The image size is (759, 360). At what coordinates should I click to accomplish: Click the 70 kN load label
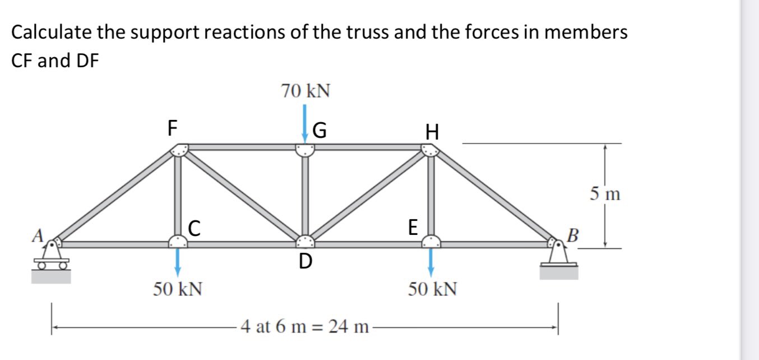(305, 91)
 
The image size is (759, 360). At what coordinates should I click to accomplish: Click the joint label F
(173, 128)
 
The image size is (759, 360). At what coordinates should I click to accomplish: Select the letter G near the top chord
(320, 131)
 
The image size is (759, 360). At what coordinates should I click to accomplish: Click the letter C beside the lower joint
(194, 227)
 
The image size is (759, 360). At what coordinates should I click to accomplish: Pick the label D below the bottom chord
(305, 261)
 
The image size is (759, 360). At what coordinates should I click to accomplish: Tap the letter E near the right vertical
(413, 227)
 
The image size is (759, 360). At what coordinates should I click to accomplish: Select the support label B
(572, 234)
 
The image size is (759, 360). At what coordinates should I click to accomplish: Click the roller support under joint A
(51, 259)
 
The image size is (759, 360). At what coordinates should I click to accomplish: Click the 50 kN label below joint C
(178, 289)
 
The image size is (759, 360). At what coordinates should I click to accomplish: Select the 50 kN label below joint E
(432, 289)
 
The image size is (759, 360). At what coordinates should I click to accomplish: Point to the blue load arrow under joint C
(178, 261)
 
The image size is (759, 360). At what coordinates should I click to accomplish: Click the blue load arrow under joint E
(431, 261)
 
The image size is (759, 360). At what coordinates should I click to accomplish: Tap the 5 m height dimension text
(605, 195)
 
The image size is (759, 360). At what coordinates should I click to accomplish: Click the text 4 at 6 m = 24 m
(304, 326)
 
